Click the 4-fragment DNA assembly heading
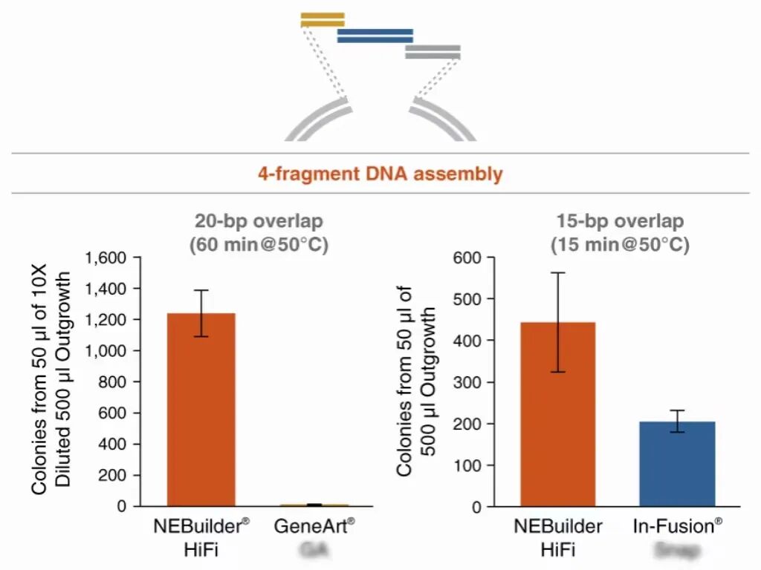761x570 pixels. click(380, 174)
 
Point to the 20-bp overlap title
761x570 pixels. click(260, 222)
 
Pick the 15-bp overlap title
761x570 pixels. click(620, 222)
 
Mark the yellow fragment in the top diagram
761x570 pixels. click(323, 19)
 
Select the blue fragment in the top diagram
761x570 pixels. click(375, 36)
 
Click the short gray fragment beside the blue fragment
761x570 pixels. click(433, 51)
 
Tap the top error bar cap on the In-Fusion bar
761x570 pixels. click(676, 410)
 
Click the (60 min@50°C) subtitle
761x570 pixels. click(260, 244)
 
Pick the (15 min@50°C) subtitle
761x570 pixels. click(620, 244)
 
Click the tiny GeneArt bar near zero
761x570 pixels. click(314, 505)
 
